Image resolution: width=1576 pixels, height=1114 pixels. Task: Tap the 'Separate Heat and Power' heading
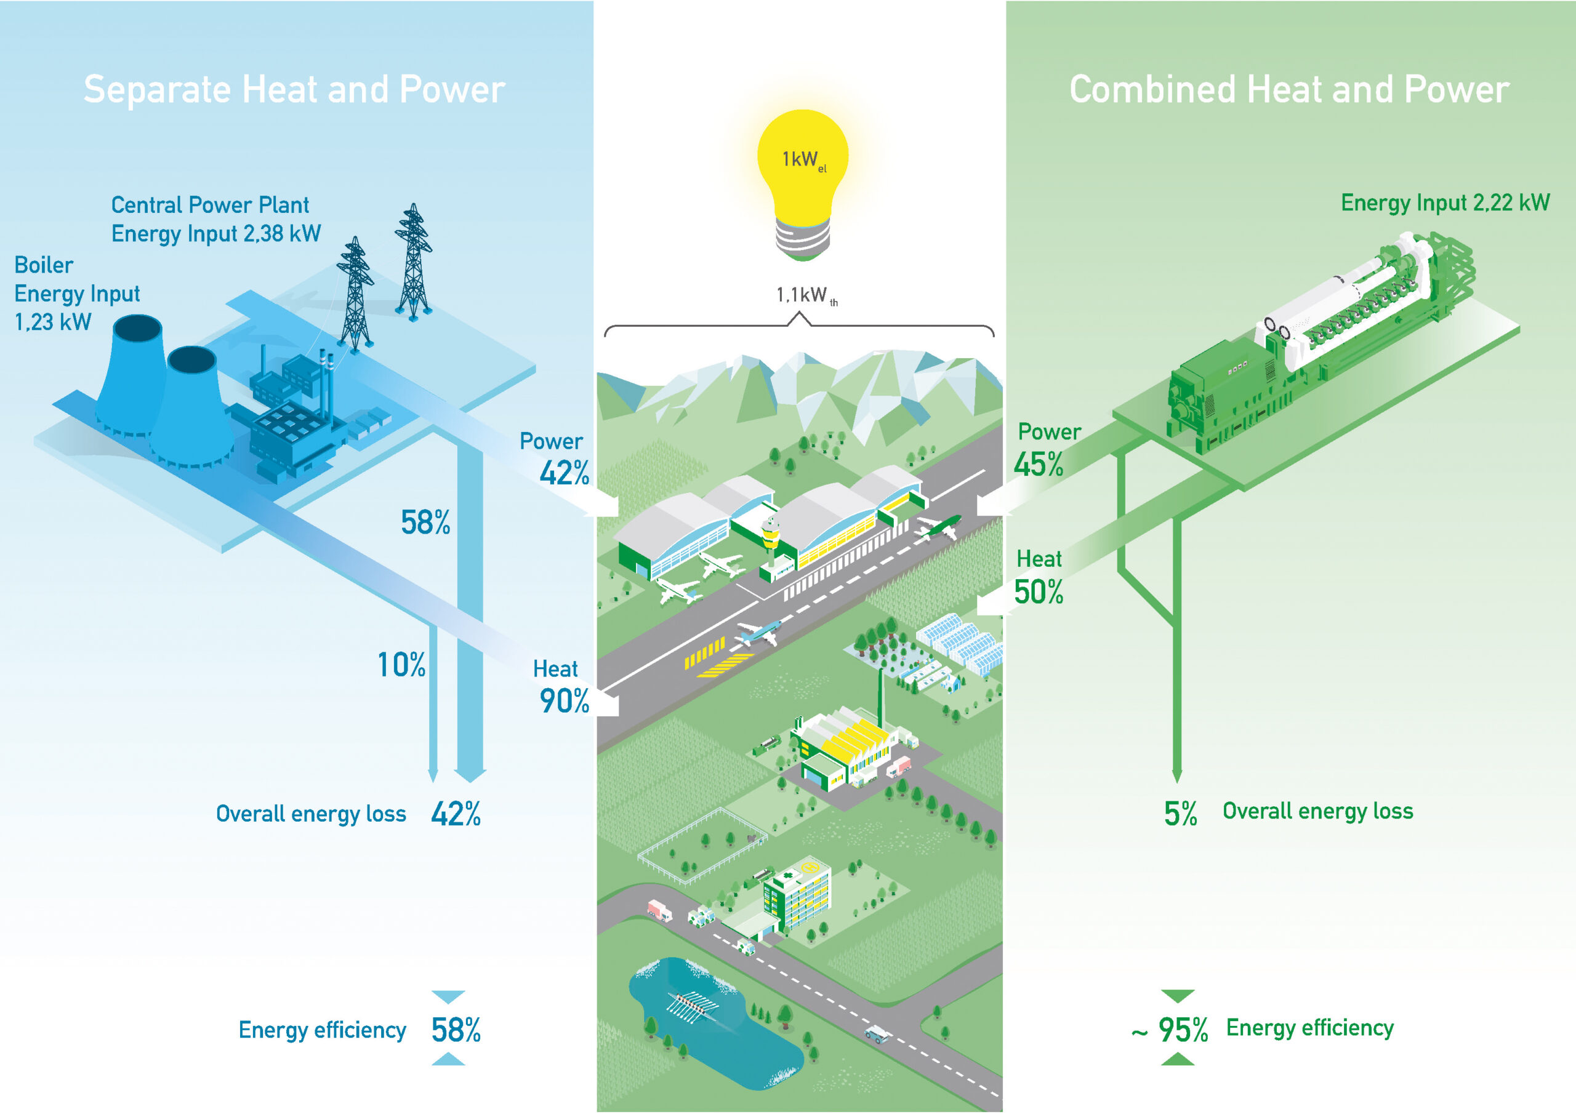tap(294, 90)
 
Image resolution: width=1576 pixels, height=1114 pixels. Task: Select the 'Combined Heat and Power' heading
tap(1289, 90)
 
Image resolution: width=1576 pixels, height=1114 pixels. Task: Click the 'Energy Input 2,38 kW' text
tap(215, 234)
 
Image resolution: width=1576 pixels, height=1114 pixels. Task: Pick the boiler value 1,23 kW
tap(53, 322)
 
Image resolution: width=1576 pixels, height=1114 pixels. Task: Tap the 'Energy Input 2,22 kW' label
tap(1445, 203)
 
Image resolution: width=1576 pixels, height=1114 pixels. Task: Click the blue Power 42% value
tap(563, 473)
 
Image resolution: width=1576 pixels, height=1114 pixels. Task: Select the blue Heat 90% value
tap(563, 701)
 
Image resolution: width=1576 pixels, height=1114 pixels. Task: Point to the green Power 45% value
tap(1039, 465)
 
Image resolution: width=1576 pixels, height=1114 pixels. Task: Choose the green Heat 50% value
tap(1039, 592)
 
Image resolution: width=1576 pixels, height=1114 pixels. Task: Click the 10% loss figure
tap(401, 665)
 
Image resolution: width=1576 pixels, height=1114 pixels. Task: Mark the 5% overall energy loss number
tap(1180, 814)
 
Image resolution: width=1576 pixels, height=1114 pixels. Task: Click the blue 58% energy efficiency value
tap(456, 1030)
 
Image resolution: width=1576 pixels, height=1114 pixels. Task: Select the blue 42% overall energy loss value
tap(456, 814)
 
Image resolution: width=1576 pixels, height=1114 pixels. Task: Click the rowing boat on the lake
tap(693, 1008)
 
